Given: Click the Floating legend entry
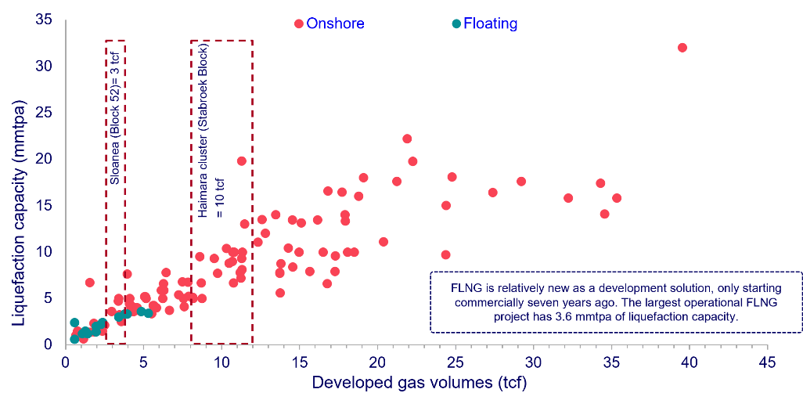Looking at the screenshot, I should pyautogui.click(x=489, y=23).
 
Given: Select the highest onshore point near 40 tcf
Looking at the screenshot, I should pyautogui.click(x=682, y=48).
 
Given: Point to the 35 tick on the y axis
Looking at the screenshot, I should pyautogui.click(x=45, y=20).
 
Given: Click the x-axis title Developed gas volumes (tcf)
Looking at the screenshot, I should pyautogui.click(x=419, y=384).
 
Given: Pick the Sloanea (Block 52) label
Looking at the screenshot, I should pyautogui.click(x=115, y=117).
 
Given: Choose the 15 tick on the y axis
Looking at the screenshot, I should pyautogui.click(x=45, y=205).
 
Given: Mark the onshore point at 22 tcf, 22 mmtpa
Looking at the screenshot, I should pyautogui.click(x=407, y=139).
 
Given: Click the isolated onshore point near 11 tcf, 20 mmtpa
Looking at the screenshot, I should pyautogui.click(x=242, y=161).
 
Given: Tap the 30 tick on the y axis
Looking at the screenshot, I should pyautogui.click(x=45, y=66).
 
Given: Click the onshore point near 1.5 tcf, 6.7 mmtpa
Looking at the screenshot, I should pyautogui.click(x=89, y=283).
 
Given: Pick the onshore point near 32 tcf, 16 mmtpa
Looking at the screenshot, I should pyautogui.click(x=568, y=198).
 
